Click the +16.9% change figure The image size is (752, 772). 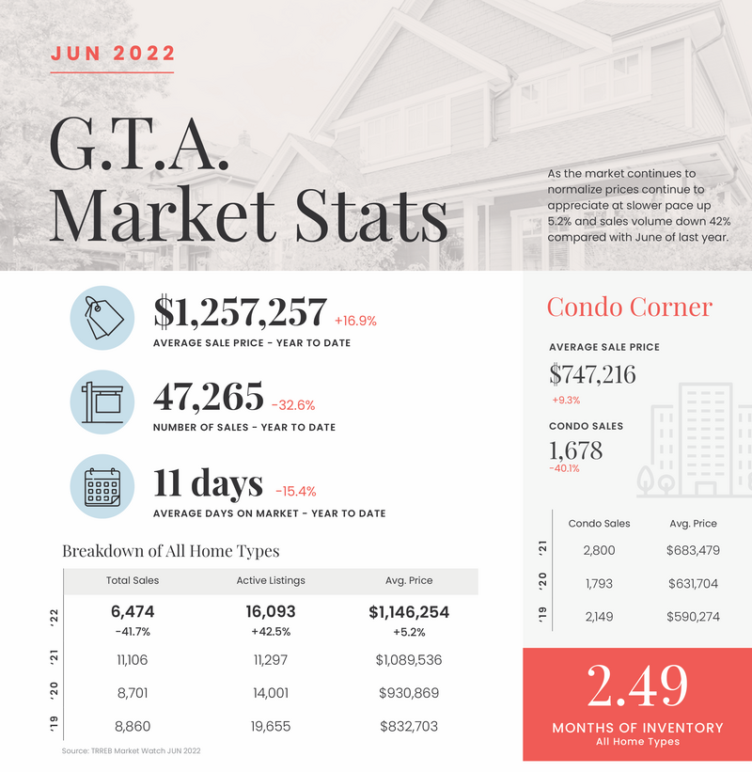tap(355, 321)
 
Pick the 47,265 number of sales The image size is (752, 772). tap(209, 399)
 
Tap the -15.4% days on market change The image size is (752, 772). tap(295, 491)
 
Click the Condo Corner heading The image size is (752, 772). tap(629, 307)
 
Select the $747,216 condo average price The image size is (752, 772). tap(592, 374)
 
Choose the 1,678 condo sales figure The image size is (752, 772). tap(575, 450)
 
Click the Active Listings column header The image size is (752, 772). tap(271, 580)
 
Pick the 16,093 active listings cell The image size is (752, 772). tap(271, 612)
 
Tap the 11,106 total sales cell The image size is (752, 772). tap(133, 660)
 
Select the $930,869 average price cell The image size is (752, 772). tap(409, 693)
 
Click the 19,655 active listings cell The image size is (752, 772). tap(271, 726)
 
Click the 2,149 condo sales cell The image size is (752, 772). tap(598, 616)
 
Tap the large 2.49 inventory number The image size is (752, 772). tap(636, 687)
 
